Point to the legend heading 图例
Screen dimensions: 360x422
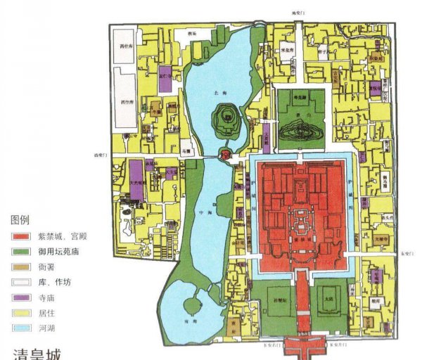[18, 219]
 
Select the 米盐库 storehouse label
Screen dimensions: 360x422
[268, 52]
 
